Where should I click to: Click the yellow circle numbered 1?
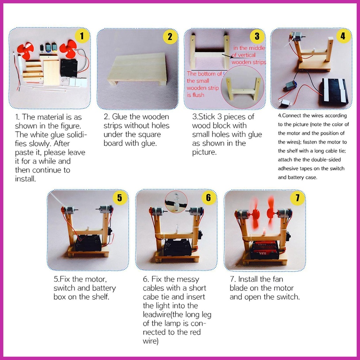[82, 36]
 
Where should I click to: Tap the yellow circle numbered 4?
[343, 36]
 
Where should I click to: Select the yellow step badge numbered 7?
[297, 198]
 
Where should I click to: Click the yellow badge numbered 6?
[208, 198]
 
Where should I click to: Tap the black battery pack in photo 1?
[69, 68]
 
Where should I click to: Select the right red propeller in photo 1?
[68, 49]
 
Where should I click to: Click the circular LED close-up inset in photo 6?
[176, 201]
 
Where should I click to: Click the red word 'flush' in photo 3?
[195, 95]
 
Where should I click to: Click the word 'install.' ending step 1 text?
[25, 179]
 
